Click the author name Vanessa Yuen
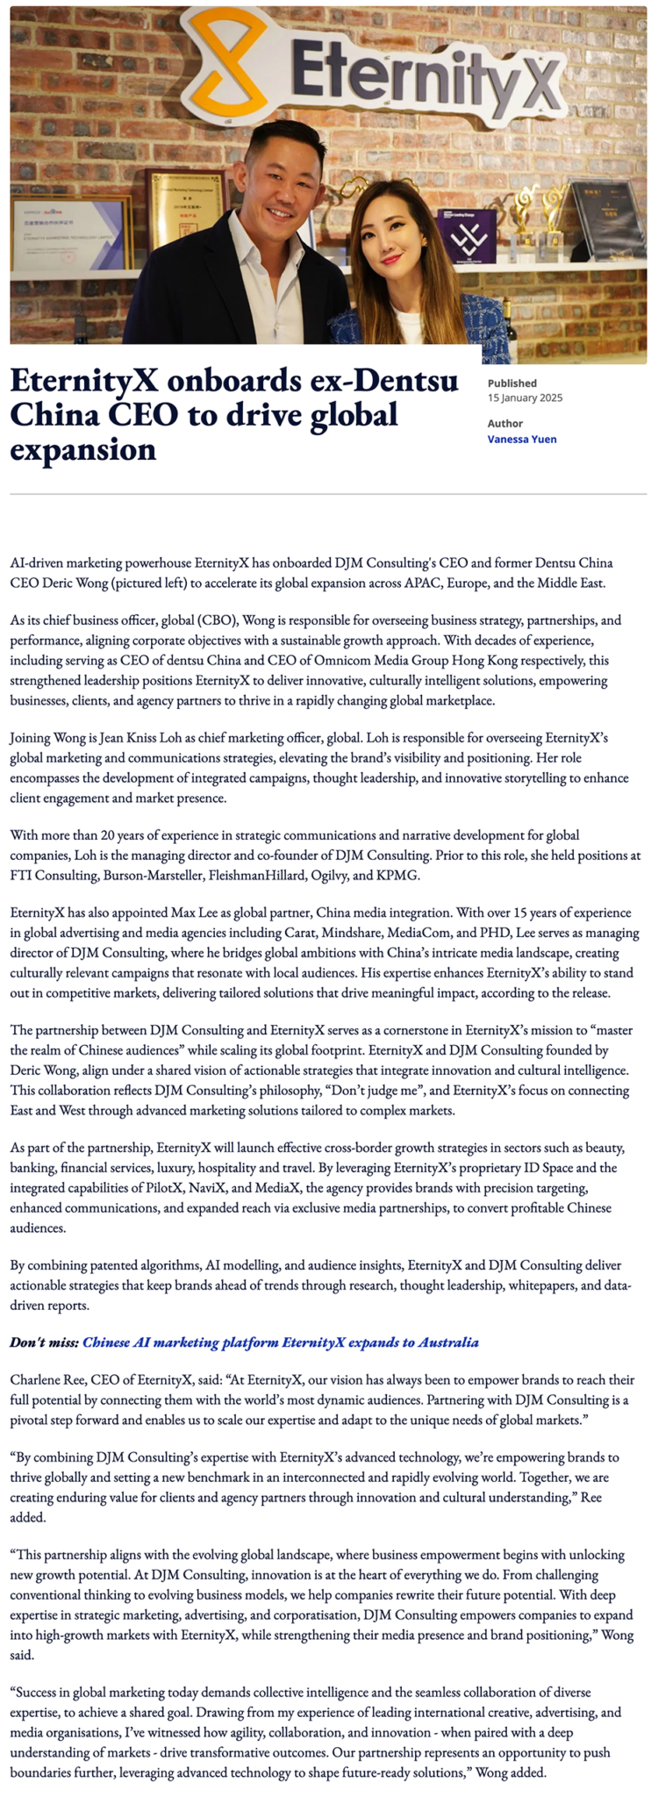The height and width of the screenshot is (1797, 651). point(521,439)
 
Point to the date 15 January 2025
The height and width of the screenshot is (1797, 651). point(525,397)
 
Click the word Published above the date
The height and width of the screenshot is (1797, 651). point(511,383)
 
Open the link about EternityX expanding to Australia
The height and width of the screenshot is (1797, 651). point(281,1342)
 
